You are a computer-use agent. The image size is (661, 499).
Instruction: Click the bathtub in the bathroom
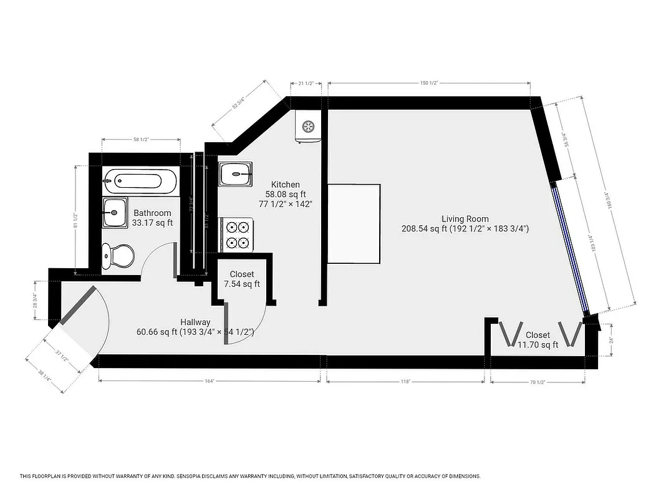point(140,182)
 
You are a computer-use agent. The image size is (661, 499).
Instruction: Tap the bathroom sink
point(114,213)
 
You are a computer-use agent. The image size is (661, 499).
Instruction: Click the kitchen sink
point(236,173)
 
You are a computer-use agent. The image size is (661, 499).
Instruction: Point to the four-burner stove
point(237,235)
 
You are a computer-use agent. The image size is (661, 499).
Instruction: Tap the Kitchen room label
point(286,185)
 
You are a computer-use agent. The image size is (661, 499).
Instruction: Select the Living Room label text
point(465,219)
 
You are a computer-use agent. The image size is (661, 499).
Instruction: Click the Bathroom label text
point(152,213)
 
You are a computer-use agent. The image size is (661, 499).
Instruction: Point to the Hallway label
point(195,322)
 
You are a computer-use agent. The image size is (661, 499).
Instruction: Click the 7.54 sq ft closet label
point(242,279)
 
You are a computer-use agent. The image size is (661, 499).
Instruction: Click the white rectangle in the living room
point(354,223)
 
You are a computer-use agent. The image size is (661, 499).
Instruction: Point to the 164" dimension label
point(208,381)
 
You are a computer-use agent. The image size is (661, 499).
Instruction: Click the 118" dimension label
point(405,381)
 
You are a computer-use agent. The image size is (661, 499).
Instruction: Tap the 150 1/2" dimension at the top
point(428,83)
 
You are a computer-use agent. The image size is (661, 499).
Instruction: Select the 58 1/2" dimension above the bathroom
point(140,140)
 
